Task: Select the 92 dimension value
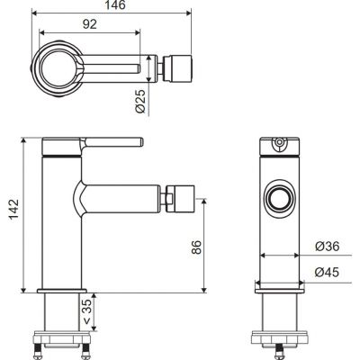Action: coord(90,24)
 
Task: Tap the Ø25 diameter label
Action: coord(140,101)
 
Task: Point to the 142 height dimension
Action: coord(13,209)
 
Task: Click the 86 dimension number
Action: coord(197,247)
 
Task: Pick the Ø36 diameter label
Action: coord(327,247)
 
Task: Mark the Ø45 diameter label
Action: coord(327,273)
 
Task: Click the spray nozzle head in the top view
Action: coord(177,68)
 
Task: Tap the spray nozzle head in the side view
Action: coord(179,199)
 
